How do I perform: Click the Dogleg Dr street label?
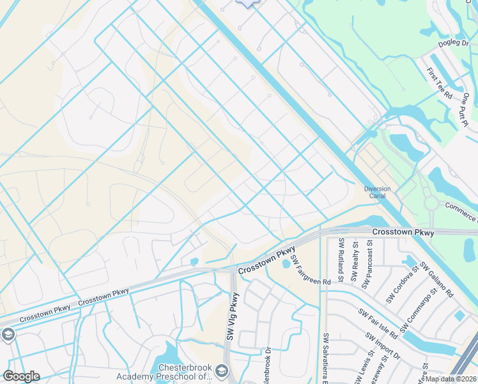coord(453,44)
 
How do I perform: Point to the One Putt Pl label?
coord(466,109)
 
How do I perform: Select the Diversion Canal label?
coord(377,192)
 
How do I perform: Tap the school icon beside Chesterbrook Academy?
coord(221,371)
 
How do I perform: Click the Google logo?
coord(21,376)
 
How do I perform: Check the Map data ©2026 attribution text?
coord(451,378)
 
